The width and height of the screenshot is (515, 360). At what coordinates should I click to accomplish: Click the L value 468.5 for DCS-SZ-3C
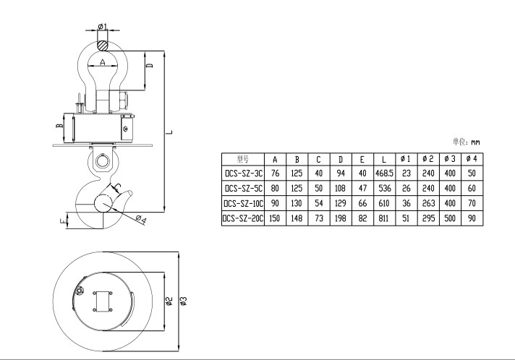coord(383,173)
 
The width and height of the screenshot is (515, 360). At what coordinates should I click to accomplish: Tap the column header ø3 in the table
coord(449,159)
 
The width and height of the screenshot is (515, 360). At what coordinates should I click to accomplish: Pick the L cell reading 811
coord(383,218)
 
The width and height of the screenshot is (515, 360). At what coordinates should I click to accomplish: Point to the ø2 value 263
coord(427,203)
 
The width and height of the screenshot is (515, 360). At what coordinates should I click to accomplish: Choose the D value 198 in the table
coord(340,218)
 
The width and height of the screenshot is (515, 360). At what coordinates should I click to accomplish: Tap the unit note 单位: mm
coord(467,142)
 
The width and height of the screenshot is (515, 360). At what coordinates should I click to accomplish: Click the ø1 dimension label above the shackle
coord(102,27)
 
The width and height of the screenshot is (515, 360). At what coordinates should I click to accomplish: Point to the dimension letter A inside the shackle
coord(103,64)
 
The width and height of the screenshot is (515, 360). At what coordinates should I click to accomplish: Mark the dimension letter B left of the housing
coord(60,126)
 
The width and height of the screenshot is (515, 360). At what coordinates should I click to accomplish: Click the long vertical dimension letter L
coord(169,132)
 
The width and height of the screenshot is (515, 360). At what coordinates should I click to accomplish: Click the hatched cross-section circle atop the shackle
coord(104,44)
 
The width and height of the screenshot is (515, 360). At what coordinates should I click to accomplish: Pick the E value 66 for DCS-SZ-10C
coord(362,203)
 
